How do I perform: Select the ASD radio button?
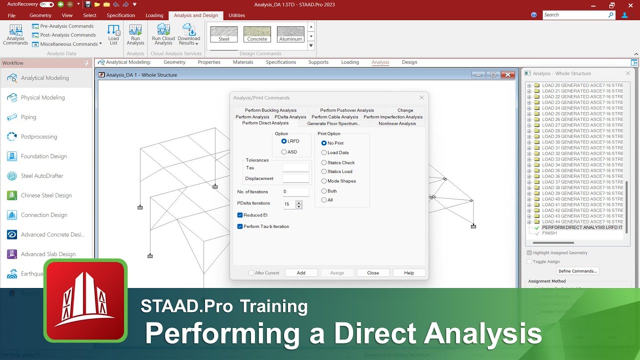coord(284,152)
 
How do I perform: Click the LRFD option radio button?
coord(284,141)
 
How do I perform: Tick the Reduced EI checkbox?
coord(240,215)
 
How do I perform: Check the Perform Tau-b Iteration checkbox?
coord(240,226)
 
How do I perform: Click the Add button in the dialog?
coord(301,273)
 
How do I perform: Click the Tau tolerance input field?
coord(295,168)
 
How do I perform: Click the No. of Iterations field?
coord(295,191)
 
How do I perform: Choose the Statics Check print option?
coord(324,162)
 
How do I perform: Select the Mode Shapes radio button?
coord(324,181)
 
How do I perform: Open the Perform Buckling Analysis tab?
coord(270,110)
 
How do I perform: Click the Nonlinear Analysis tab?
coord(397,123)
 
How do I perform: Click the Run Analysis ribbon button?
coord(135,35)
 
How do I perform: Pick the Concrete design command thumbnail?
coord(257,34)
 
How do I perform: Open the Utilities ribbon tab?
coord(236,15)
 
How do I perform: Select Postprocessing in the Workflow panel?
coord(38,136)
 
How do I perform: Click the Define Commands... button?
coord(577,271)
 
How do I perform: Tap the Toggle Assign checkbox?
coord(529,261)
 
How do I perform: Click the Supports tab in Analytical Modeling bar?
coord(318,62)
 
